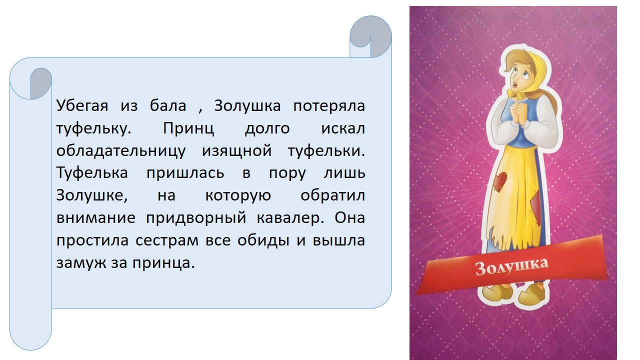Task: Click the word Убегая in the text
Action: pyautogui.click(x=82, y=106)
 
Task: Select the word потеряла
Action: pyautogui.click(x=329, y=106)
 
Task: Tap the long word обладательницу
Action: pyautogui.click(x=121, y=151)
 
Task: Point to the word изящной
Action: pyautogui.click(x=237, y=151)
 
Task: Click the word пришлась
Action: pyautogui.click(x=185, y=173)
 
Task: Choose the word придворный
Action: pyautogui.click(x=196, y=217)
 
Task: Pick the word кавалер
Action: pyautogui.click(x=290, y=218)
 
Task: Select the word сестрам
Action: pyautogui.click(x=167, y=241)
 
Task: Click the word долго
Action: pyautogui.click(x=267, y=128)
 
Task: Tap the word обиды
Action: pyautogui.click(x=263, y=240)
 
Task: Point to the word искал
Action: pyautogui.click(x=343, y=128)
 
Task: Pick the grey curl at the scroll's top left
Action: pyautogui.click(x=41, y=83)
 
